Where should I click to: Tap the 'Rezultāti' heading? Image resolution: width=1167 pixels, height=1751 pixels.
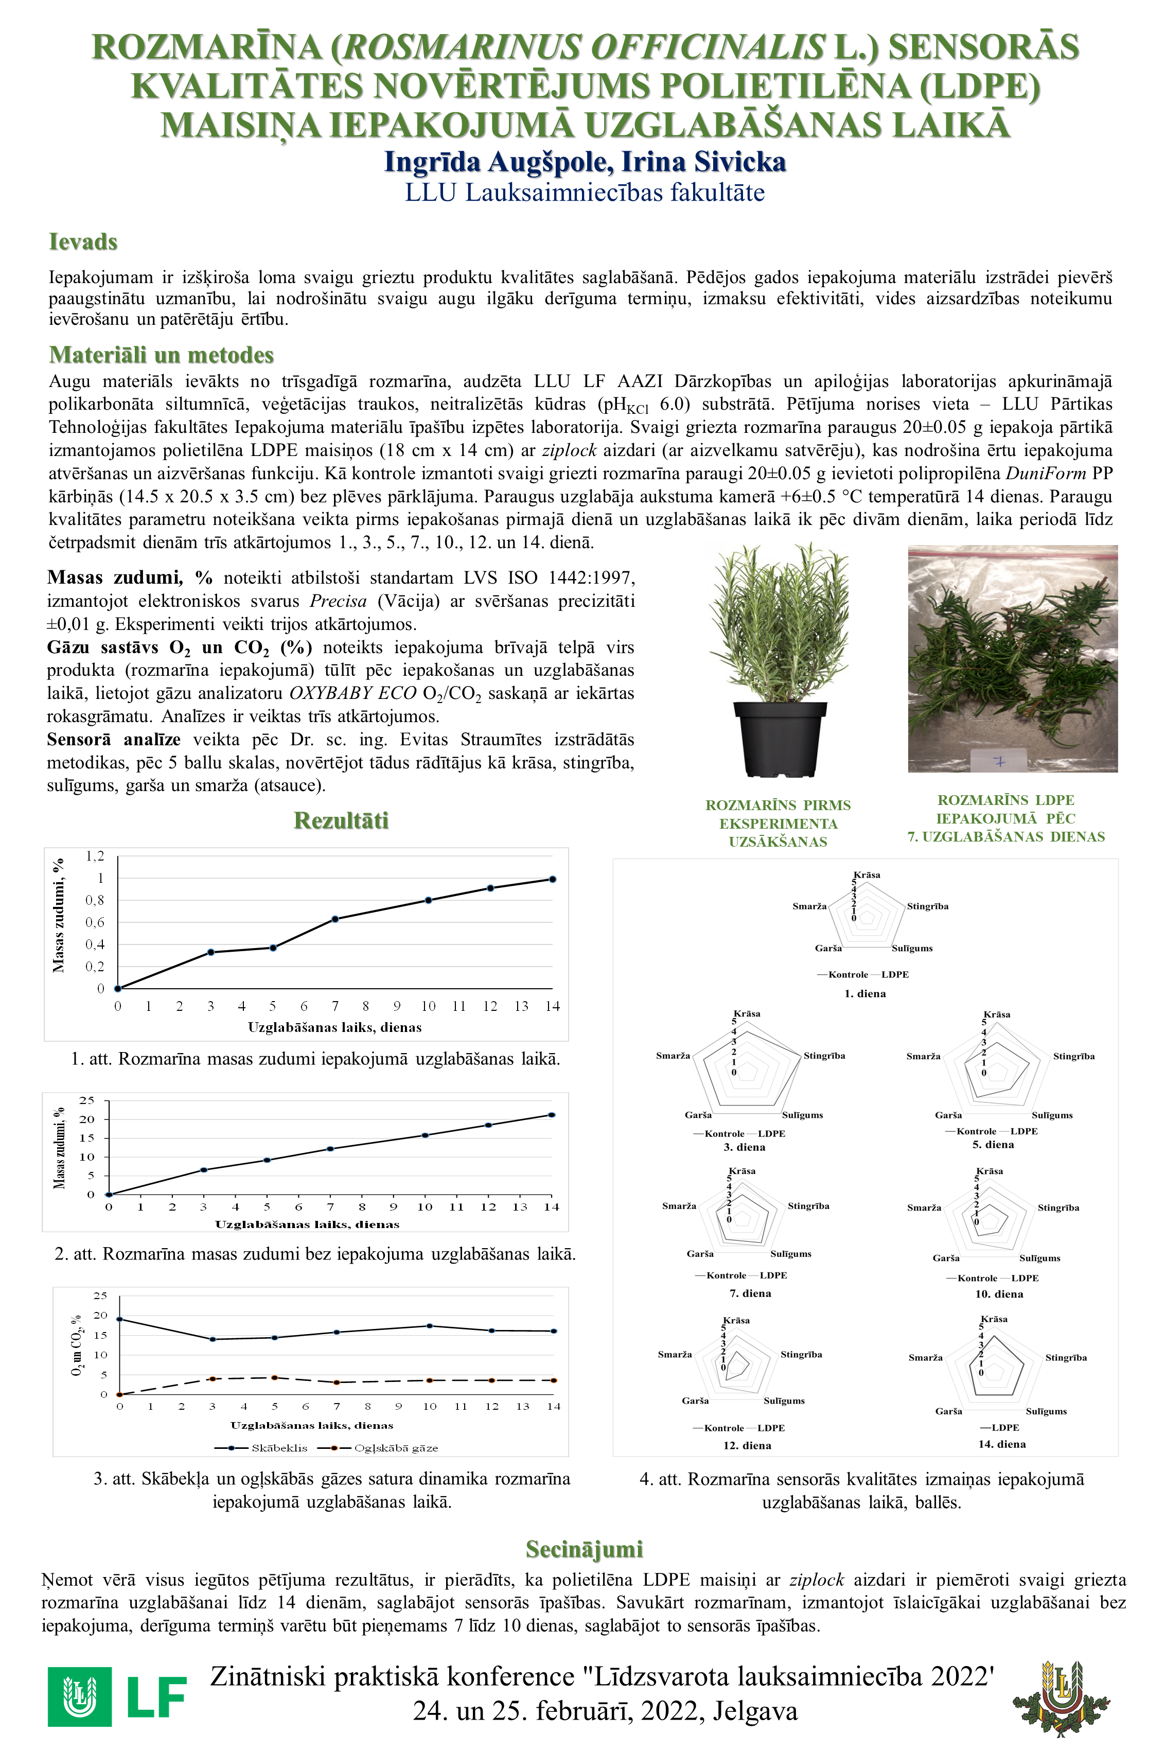341,820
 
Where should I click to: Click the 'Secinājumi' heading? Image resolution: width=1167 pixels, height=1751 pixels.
583,1549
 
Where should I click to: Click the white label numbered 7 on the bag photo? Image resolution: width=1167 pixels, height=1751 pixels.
1000,762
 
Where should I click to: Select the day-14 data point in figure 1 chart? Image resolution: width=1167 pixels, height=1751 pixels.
552,879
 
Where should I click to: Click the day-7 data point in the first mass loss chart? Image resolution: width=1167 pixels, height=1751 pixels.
335,919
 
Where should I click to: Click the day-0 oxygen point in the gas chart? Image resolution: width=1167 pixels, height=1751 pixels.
119,1319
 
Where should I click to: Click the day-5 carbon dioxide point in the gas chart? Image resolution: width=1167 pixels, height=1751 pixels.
275,1377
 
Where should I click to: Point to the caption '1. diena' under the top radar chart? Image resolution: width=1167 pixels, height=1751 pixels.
865,994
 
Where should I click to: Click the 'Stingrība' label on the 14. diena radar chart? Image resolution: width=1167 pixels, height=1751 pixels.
1066,1357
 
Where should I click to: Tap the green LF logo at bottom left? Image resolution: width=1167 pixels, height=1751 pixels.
117,1696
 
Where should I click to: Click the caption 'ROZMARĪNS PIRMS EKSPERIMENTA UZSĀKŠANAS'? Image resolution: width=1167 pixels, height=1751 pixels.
778,824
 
